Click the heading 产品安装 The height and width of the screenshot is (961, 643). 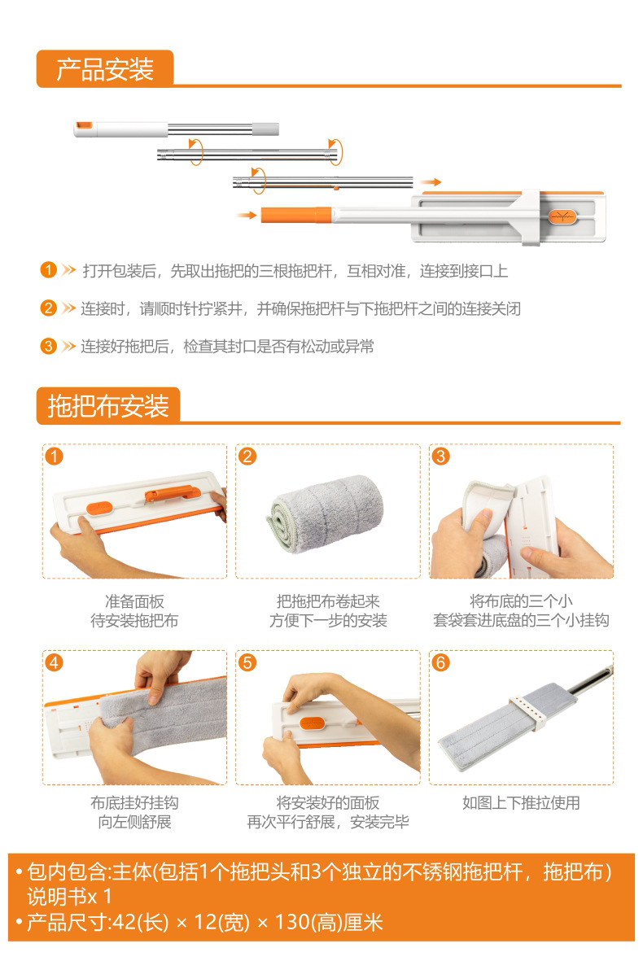click(105, 69)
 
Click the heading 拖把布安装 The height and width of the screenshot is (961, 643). click(108, 406)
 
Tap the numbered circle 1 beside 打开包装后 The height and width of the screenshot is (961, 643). click(48, 270)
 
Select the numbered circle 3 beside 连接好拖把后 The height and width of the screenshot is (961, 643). click(48, 347)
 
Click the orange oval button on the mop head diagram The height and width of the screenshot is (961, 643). click(562, 216)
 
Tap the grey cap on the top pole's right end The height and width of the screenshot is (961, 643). click(265, 129)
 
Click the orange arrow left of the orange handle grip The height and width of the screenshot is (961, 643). click(247, 215)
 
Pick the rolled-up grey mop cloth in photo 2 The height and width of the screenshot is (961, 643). click(325, 513)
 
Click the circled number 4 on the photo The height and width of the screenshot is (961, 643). click(54, 662)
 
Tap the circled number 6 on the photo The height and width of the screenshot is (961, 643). click(440, 662)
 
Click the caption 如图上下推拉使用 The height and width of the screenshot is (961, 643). click(521, 803)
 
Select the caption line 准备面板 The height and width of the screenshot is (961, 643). click(134, 601)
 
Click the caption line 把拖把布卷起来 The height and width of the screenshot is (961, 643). click(328, 601)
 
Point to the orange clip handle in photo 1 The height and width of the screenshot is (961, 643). click(173, 493)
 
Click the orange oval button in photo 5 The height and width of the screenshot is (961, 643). click(313, 724)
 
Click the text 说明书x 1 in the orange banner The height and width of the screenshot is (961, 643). click(69, 897)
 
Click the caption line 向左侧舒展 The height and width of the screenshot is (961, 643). click(134, 822)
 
